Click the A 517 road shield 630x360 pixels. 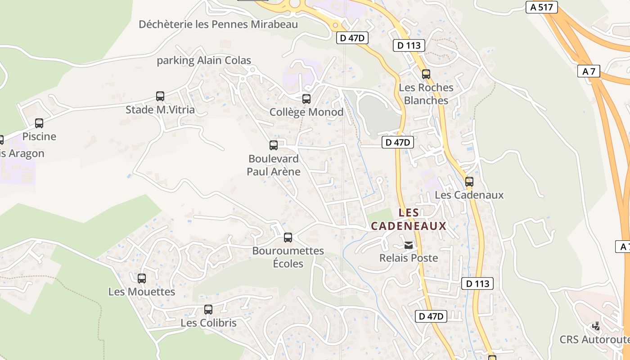click(541, 7)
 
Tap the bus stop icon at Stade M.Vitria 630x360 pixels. click(160, 96)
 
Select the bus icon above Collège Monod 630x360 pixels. click(306, 99)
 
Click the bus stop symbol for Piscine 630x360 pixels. click(39, 123)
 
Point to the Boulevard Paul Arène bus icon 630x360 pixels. click(274, 145)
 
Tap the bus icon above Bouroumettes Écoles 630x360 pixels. click(288, 237)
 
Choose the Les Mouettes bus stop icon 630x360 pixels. click(142, 278)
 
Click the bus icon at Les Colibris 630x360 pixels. click(208, 309)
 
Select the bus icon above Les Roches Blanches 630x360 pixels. click(426, 74)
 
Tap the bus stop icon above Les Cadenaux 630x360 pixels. click(469, 181)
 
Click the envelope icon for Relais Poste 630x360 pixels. click(409, 245)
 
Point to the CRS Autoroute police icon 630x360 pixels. click(596, 326)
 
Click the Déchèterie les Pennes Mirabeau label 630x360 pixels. click(218, 24)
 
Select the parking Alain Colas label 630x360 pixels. click(204, 60)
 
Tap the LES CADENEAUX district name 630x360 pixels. click(409, 219)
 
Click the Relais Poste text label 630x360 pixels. click(409, 258)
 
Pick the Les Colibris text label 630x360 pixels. click(208, 323)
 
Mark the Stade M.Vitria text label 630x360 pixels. click(160, 109)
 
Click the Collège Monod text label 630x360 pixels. click(306, 112)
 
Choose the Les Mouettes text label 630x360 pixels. click(142, 292)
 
